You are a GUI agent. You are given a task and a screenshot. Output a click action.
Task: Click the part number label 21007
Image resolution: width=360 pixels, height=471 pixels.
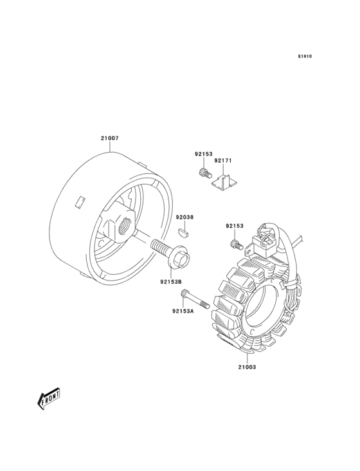click(x=109, y=138)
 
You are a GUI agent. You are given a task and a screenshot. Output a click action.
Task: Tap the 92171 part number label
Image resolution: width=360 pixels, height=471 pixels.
click(x=223, y=161)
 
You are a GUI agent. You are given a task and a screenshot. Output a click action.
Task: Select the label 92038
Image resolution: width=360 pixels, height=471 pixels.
click(x=184, y=217)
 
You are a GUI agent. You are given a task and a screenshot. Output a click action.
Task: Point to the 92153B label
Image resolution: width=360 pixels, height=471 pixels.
click(x=171, y=281)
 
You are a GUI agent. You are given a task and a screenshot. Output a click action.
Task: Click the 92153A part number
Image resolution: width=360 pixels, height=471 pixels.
click(x=183, y=311)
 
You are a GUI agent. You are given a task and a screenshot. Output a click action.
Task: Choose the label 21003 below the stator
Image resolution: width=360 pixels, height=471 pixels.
click(x=248, y=367)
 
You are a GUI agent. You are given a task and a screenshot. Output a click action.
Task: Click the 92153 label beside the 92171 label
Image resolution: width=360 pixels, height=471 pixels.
click(x=203, y=154)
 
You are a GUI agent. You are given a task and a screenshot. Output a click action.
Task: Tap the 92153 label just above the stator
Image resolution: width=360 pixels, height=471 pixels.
click(x=235, y=226)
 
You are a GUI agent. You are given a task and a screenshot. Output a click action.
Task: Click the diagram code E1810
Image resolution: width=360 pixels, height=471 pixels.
click(x=305, y=56)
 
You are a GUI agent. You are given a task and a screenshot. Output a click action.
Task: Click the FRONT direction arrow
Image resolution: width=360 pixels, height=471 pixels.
click(x=48, y=398)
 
